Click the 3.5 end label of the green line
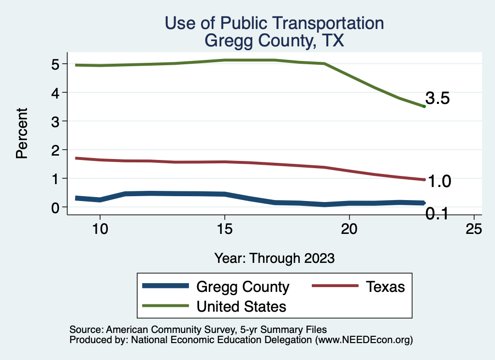438,99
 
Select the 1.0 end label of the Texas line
440,182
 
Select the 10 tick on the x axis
100,229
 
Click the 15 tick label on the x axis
224,229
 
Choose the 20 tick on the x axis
349,229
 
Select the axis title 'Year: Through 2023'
275,258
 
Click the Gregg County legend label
243,287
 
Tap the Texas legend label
385,287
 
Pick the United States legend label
241,306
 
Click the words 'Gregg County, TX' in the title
274,41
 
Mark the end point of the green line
424,106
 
